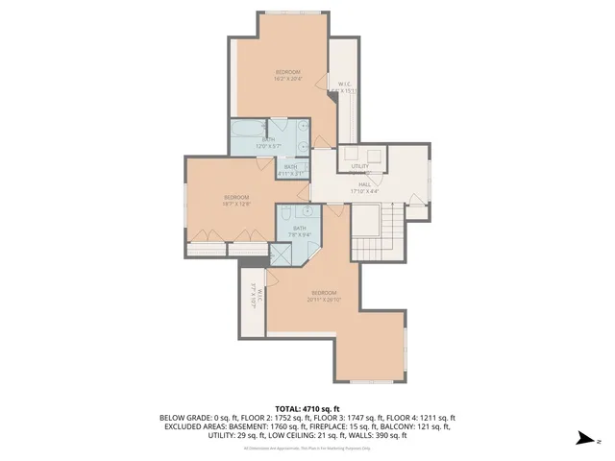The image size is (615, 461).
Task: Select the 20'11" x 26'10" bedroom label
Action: pos(323,296)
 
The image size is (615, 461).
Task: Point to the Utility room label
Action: pos(359,166)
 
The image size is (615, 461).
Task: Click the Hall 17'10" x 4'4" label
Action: pos(365,187)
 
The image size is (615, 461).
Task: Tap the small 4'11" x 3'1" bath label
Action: pos(290,170)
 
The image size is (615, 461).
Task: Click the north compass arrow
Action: pos(582,438)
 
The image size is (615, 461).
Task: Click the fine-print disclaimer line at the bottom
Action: pos(307,448)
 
